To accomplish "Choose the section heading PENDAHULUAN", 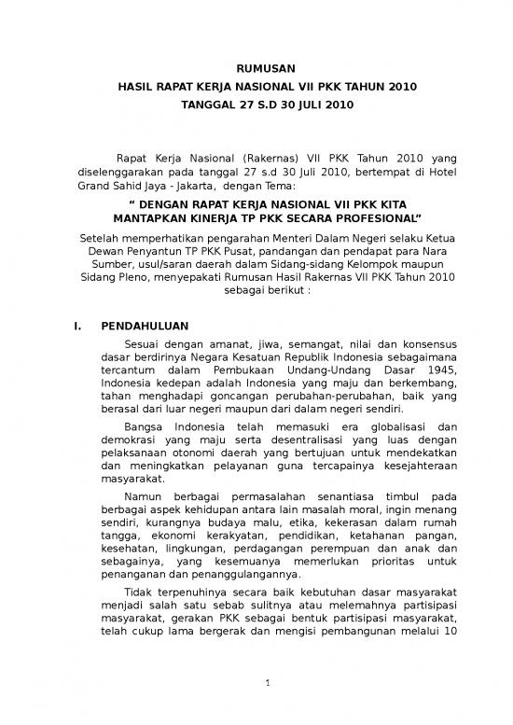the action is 145,327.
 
